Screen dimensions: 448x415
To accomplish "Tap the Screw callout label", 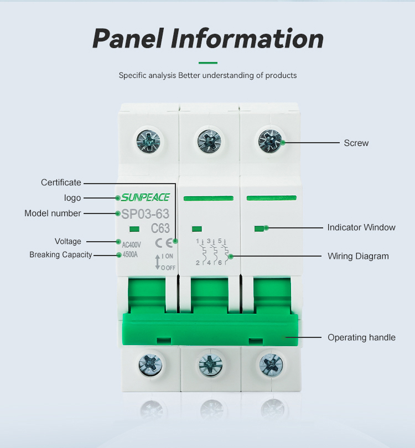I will (x=356, y=143).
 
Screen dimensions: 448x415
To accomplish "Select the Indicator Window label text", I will (x=361, y=227).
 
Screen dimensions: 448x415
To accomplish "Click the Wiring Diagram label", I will (x=358, y=256).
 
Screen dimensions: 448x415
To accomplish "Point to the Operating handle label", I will (x=361, y=337).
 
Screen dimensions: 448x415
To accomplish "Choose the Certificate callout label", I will (x=61, y=183).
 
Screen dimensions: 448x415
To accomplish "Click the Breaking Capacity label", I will (x=61, y=255).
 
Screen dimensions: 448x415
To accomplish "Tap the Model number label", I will (x=53, y=213).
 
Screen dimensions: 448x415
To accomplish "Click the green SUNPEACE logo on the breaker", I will (x=146, y=197).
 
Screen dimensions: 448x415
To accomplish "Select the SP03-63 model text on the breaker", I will (x=145, y=214).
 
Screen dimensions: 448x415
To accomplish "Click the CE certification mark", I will (x=164, y=242).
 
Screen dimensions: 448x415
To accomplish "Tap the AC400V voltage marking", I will (x=131, y=244).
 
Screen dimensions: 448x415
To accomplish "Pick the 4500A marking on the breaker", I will (x=129, y=255).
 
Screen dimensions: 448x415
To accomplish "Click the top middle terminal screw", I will (x=209, y=140).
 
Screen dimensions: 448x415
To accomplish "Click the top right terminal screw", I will (x=270, y=140).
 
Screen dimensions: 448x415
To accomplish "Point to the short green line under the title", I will (x=207, y=62).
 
